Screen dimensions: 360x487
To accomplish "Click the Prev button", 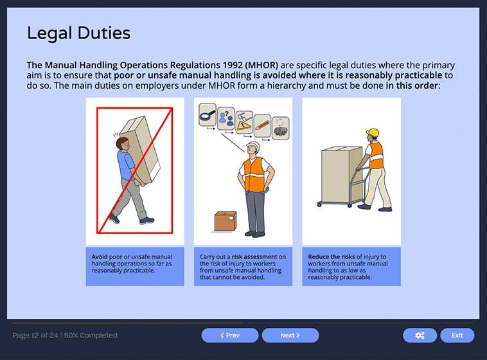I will coord(229,335).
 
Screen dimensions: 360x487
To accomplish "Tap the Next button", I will coord(290,335).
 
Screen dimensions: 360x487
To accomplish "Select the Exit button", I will coord(457,335).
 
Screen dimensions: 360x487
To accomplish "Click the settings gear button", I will coord(420,335).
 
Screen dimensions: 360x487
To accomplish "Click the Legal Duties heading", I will coord(78,33).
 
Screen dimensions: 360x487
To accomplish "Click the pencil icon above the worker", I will coord(262,122).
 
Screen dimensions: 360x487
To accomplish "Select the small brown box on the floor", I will coord(226,221).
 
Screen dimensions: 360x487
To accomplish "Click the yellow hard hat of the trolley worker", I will coord(373,133).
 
